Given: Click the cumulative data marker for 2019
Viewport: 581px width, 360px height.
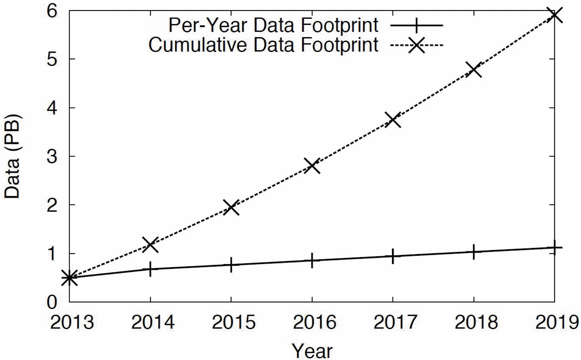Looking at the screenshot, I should tap(554, 15).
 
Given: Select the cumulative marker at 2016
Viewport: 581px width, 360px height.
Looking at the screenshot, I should tap(312, 165).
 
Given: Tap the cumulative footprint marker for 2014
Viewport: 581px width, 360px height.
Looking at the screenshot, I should tap(150, 244).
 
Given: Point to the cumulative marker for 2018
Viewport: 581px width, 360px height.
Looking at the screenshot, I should tap(474, 70).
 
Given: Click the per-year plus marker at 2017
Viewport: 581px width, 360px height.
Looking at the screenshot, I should tap(393, 256).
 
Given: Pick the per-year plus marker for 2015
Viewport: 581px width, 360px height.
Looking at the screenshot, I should tap(231, 265).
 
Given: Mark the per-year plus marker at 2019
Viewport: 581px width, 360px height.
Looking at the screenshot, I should tap(554, 247).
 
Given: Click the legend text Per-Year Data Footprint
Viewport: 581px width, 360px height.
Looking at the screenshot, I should tap(273, 25).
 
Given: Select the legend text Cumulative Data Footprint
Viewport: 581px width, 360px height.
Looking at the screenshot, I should tap(263, 45).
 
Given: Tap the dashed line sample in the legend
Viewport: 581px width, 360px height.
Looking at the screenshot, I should tap(416, 45).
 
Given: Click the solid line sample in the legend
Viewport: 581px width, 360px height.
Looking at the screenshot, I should tap(416, 25).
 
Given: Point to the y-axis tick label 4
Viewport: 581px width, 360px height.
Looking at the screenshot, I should tap(52, 108).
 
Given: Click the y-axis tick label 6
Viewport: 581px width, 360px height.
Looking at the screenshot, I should tap(52, 11).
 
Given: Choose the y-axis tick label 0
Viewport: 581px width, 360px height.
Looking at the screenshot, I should tap(52, 302).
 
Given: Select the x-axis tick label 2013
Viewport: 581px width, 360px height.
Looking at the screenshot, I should tap(72, 322).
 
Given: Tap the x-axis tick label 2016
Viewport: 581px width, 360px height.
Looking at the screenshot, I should tap(314, 322).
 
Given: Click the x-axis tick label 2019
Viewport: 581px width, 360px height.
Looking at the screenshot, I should tap(557, 322).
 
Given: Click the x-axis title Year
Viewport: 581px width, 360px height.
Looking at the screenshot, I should tap(312, 351).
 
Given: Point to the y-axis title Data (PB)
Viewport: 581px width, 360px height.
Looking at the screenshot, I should tap(12, 156).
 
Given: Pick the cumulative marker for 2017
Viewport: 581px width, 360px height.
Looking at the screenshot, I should tap(393, 120).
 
